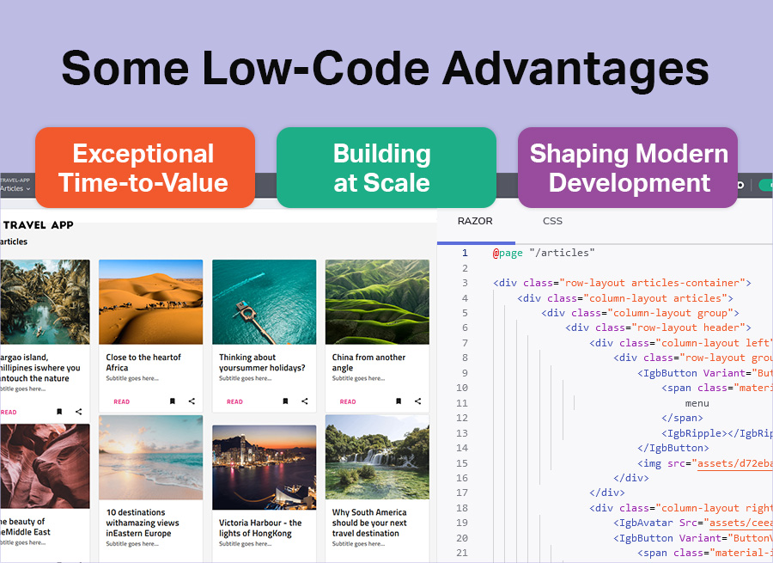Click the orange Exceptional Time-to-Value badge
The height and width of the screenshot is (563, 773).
(x=144, y=168)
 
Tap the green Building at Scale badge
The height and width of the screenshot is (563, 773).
(x=386, y=168)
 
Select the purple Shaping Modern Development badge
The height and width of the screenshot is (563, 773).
(x=628, y=168)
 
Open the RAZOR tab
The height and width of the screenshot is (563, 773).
(x=475, y=221)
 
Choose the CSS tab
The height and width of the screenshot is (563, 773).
(x=552, y=221)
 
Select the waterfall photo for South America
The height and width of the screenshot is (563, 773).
(x=377, y=457)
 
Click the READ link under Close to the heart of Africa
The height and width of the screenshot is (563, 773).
(x=121, y=401)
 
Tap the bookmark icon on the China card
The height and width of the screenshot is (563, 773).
(x=399, y=401)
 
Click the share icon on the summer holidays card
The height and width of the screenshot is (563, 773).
(x=305, y=401)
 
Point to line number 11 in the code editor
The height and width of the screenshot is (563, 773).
(x=462, y=403)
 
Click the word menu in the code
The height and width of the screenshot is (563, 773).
(x=697, y=403)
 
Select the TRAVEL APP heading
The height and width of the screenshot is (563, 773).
(x=39, y=225)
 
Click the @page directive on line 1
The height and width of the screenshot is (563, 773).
(x=507, y=253)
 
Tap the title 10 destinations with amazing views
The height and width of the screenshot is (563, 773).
(x=143, y=523)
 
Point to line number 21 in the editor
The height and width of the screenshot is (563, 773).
(x=462, y=553)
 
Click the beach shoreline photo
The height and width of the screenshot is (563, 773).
(x=150, y=457)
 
